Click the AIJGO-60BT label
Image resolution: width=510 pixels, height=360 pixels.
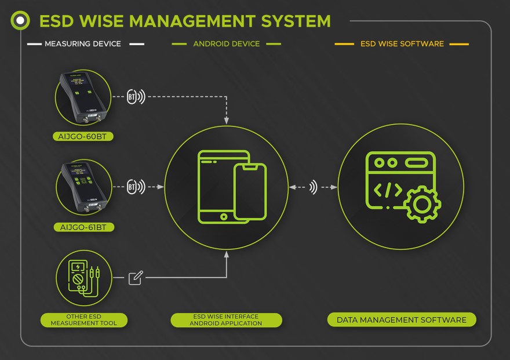(82, 137)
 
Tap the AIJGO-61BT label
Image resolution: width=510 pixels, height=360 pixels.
(83, 227)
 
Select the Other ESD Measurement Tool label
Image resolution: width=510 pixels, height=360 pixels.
(83, 320)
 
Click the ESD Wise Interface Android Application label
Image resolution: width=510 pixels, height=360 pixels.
(226, 320)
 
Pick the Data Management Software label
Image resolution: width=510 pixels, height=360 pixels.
(401, 320)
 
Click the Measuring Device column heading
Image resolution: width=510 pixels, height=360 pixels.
(83, 43)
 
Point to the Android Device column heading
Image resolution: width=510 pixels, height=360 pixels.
(226, 43)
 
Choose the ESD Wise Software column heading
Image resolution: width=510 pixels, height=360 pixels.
(402, 43)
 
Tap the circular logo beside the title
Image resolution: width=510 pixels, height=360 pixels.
(20, 21)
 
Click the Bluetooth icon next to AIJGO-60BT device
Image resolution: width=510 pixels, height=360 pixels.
(133, 97)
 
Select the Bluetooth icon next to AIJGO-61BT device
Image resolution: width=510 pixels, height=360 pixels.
(133, 187)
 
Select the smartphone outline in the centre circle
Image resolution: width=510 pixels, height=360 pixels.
(250, 191)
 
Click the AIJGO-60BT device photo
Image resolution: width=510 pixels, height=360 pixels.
(83, 97)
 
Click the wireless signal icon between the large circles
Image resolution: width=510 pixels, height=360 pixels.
(314, 187)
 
